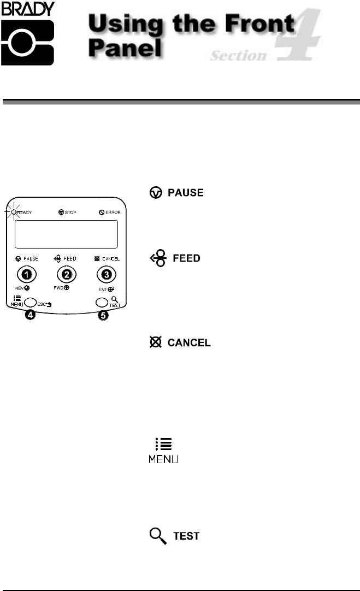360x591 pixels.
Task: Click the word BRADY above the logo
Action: point(27,9)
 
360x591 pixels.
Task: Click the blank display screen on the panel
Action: point(66,234)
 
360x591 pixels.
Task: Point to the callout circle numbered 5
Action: point(103,316)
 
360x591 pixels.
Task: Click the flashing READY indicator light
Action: point(14,211)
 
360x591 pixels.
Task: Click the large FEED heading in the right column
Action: point(186,258)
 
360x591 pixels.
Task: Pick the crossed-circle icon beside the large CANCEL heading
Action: point(155,343)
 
